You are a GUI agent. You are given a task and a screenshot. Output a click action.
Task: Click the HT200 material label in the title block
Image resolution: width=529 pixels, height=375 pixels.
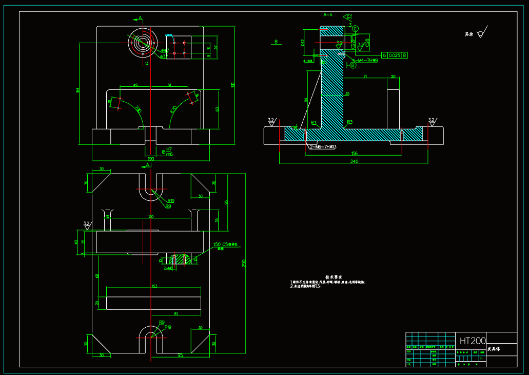472,341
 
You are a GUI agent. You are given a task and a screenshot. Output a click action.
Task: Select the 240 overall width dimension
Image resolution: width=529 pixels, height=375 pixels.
354,161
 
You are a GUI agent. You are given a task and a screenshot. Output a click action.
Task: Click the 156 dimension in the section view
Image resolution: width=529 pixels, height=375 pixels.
354,153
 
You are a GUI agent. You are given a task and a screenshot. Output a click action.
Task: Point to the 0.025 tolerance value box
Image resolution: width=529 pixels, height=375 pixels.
394,55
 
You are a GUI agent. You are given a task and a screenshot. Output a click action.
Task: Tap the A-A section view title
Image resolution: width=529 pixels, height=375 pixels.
328,15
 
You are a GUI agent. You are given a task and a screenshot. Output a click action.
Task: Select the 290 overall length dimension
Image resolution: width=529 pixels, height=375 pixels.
244,264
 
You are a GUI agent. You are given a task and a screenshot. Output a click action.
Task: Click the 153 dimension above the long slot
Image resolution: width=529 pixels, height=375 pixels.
153,286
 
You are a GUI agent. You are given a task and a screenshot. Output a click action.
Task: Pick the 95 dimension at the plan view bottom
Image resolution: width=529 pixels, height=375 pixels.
181,355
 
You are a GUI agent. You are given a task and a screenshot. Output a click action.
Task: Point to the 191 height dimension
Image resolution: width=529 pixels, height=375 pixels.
232,85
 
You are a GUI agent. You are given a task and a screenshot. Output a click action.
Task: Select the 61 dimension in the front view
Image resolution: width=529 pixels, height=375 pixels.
169,85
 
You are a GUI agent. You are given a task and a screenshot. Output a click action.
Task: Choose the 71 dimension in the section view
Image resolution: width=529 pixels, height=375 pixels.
365,77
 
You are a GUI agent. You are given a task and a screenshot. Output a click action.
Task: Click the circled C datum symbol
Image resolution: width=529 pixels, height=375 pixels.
355,28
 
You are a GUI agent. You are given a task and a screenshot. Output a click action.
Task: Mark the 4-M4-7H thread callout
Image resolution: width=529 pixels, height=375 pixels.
365,61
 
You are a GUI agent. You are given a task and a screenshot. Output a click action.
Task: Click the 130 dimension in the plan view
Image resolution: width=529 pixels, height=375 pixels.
150,217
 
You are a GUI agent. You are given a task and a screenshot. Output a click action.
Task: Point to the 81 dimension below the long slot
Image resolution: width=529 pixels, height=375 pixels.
176,313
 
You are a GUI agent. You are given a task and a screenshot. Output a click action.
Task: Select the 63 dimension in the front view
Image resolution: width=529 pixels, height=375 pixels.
217,109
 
